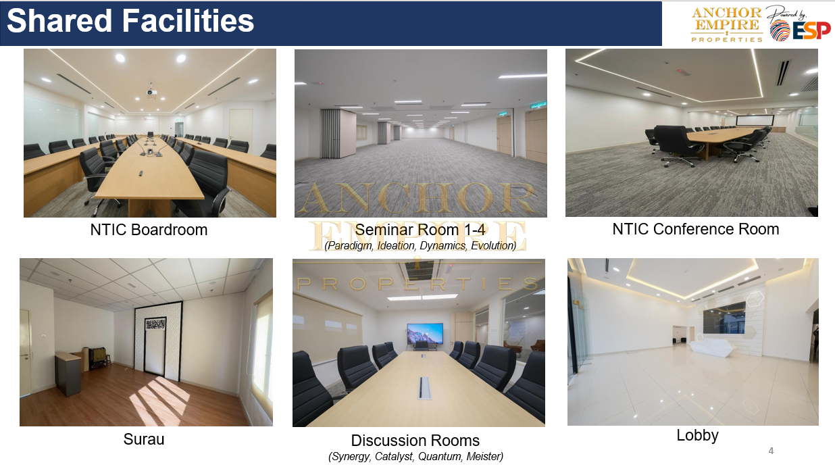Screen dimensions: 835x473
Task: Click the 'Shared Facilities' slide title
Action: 130,21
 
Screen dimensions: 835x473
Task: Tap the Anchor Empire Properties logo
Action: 726,24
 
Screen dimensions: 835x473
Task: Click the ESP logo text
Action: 811,30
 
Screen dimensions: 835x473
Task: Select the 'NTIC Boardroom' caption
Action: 149,230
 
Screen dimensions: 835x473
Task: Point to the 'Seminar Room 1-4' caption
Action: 420,230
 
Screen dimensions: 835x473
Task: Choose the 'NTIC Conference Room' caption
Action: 696,229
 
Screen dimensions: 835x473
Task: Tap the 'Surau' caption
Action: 144,439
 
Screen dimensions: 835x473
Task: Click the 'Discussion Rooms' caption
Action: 415,441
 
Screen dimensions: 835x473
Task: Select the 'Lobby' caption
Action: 697,436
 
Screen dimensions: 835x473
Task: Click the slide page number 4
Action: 771,451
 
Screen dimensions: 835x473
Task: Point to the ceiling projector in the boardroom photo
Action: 151,92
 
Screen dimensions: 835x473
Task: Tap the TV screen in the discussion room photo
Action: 425,333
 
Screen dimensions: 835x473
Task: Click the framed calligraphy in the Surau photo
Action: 155,324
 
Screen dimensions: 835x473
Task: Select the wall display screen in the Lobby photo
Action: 724,318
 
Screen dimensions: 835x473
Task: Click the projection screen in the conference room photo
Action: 755,120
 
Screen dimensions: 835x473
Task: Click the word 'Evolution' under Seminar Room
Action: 494,246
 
